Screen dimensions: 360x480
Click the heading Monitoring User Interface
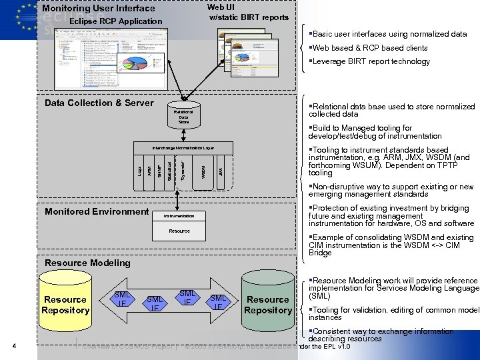click(98, 9)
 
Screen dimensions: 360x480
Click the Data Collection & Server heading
click(99, 103)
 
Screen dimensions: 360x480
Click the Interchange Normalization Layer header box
click(183, 147)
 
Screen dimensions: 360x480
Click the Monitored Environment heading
click(97, 211)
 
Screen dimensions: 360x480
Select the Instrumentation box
click(179, 216)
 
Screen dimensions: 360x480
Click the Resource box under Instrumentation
click(179, 231)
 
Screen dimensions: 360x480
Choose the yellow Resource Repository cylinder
click(65, 304)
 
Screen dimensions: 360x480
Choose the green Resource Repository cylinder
click(268, 304)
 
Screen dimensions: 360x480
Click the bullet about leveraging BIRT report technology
click(369, 61)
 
